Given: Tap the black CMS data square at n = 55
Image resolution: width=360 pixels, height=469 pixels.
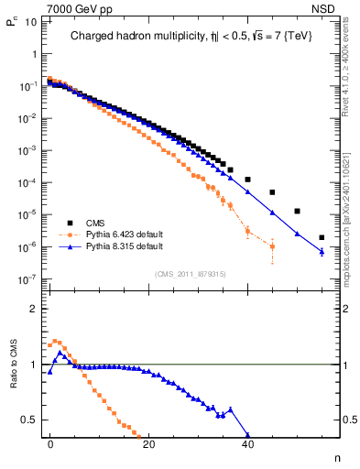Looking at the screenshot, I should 322,237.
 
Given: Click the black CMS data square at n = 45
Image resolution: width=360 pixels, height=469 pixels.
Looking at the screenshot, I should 272,192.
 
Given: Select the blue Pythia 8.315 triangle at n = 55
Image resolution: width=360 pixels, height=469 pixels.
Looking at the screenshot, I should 322,252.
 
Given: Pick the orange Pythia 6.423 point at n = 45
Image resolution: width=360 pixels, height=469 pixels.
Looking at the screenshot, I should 272,246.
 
